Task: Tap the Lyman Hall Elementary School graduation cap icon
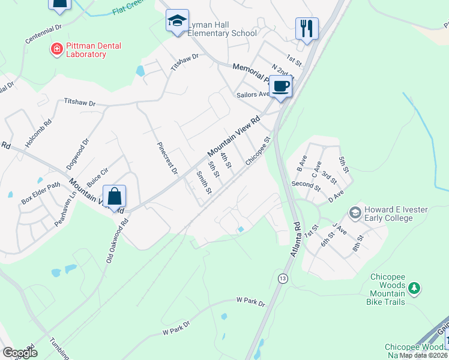click(x=177, y=22)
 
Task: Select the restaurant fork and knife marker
click(x=307, y=28)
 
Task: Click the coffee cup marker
click(x=280, y=86)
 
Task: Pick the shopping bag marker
click(x=114, y=196)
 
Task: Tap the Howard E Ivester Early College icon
click(x=355, y=213)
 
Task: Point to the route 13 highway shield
click(x=282, y=278)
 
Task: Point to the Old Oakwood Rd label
click(x=117, y=240)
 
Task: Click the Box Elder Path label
click(x=41, y=192)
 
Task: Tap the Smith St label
click(x=204, y=183)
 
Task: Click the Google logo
click(x=20, y=352)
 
